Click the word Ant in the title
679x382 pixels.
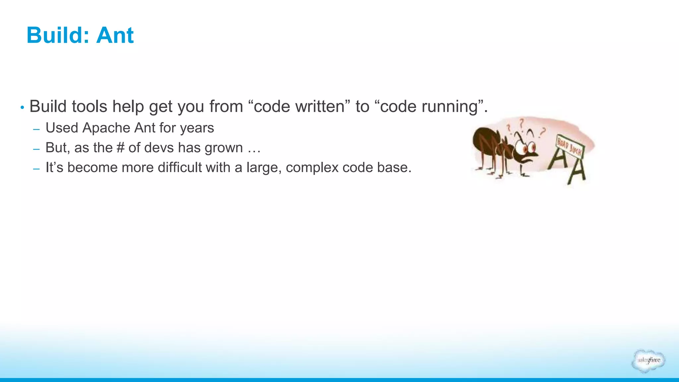pyautogui.click(x=115, y=35)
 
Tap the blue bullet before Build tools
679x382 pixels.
pyautogui.click(x=22, y=107)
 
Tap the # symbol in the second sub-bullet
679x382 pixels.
pyautogui.click(x=120, y=148)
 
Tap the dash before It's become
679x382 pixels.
pyautogui.click(x=36, y=168)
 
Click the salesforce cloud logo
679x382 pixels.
pyautogui.click(x=648, y=361)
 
